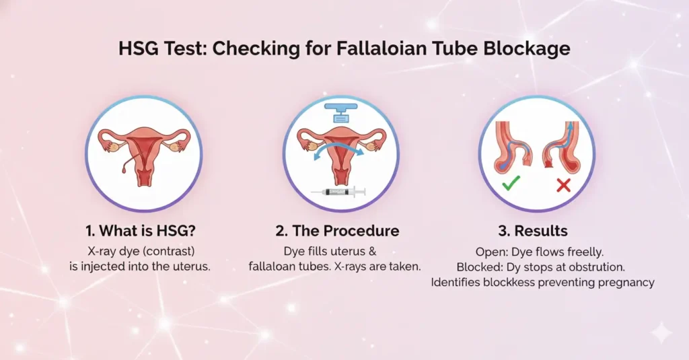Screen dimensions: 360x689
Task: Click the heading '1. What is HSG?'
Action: (x=143, y=231)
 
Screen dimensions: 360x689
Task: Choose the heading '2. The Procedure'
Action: (x=337, y=231)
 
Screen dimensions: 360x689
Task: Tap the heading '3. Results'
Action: (x=533, y=231)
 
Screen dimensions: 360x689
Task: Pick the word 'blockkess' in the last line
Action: (x=505, y=282)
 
